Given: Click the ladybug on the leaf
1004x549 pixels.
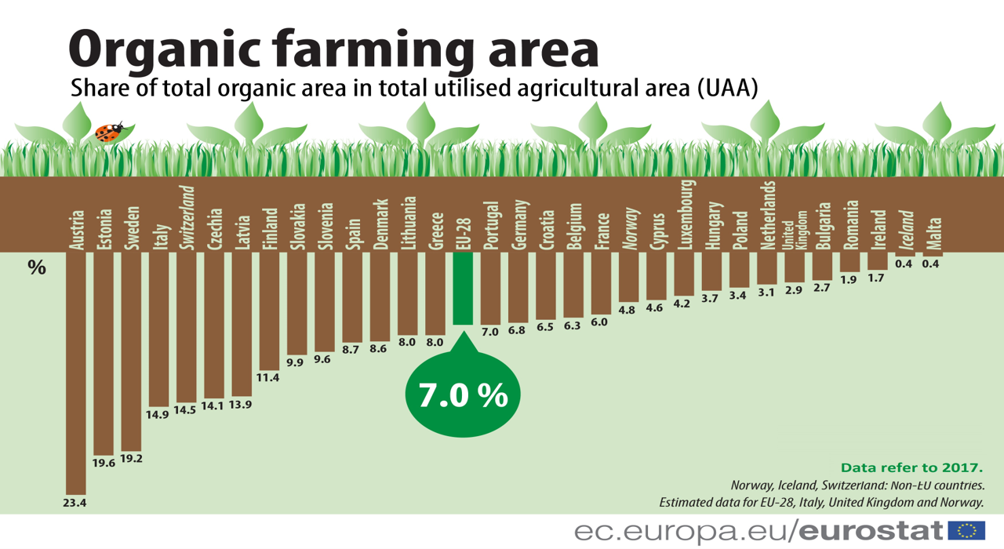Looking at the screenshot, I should pos(110,132).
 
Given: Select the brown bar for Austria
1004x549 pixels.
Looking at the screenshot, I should pos(76,369).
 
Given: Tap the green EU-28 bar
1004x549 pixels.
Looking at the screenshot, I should pos(463,288).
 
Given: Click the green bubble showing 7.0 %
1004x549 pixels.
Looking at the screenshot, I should pos(463,395).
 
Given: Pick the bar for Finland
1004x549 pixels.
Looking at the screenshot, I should pos(270,310).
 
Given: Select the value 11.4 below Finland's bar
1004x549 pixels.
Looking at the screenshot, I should pos(269,377).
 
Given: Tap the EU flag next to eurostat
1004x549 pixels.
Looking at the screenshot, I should pos(966,530).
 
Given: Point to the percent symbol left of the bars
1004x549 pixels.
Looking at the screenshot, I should pos(37,267).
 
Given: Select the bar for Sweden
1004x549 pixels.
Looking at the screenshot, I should pos(131,349).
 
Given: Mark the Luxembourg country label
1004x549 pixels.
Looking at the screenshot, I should pos(685,215).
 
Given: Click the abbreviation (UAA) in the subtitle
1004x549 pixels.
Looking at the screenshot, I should pos(726,88).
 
